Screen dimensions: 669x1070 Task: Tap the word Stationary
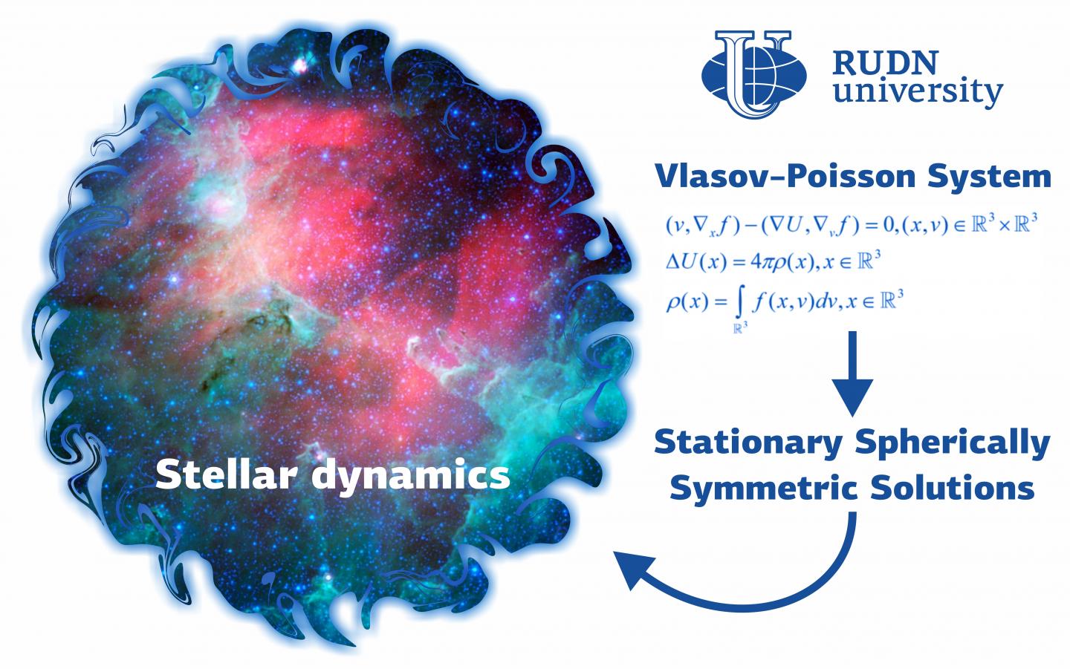coord(749,443)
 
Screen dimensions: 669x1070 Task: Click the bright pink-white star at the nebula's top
coord(302,65)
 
